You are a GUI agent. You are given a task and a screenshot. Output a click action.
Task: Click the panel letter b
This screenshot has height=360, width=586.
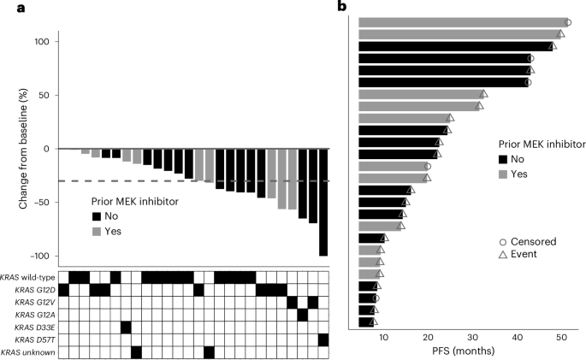click(343, 8)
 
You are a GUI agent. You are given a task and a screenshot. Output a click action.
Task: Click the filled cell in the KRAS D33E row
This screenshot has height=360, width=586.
click(126, 328)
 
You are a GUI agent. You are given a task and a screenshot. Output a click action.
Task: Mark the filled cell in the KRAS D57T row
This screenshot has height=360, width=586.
click(323, 339)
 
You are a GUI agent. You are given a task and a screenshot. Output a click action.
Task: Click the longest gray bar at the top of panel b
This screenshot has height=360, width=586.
click(462, 22)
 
